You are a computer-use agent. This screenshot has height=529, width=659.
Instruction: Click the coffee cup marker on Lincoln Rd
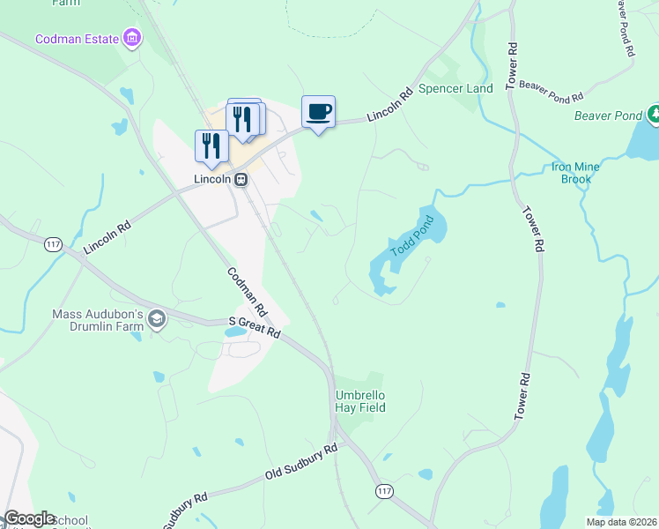pyautogui.click(x=318, y=112)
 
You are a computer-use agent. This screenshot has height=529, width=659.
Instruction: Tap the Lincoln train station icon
pyautogui.click(x=240, y=178)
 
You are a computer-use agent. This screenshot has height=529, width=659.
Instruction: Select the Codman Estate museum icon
pyautogui.click(x=132, y=38)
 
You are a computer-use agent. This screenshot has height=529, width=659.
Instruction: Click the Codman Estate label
pyautogui.click(x=78, y=39)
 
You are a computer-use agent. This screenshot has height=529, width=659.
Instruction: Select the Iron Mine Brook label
pyautogui.click(x=576, y=172)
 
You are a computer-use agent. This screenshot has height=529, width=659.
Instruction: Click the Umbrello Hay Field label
pyautogui.click(x=360, y=401)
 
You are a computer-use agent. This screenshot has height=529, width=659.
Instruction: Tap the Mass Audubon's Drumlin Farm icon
pyautogui.click(x=157, y=319)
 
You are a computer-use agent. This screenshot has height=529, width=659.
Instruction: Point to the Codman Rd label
pyautogui.click(x=247, y=293)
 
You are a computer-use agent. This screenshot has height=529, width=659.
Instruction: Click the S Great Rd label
pyautogui.click(x=254, y=328)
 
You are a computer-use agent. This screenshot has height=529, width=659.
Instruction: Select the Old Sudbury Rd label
pyautogui.click(x=301, y=463)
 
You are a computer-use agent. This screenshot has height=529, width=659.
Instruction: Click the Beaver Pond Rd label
pyautogui.click(x=552, y=90)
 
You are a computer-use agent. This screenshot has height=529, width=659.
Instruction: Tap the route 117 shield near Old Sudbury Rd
pyautogui.click(x=384, y=490)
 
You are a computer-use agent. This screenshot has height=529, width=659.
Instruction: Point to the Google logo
pyautogui.click(x=29, y=518)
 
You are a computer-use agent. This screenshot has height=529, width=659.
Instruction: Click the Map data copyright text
pyautogui.click(x=621, y=522)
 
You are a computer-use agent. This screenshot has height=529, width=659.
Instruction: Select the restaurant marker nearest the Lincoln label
pyautogui.click(x=211, y=145)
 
